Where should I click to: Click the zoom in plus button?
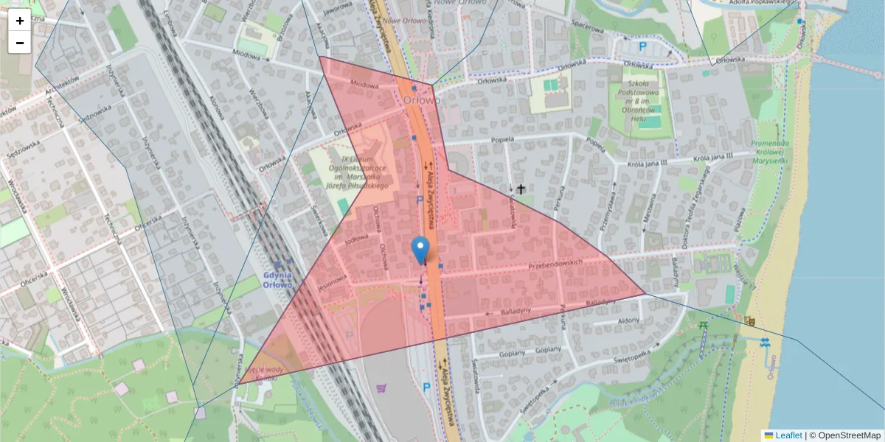(x=20, y=21)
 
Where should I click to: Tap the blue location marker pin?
(x=420, y=250)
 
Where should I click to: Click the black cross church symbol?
(x=521, y=189)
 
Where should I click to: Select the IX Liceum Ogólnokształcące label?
(x=356, y=172)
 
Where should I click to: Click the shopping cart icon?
(x=381, y=388)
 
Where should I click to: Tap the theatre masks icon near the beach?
(x=750, y=321)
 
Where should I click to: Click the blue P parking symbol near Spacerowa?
(x=642, y=46)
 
